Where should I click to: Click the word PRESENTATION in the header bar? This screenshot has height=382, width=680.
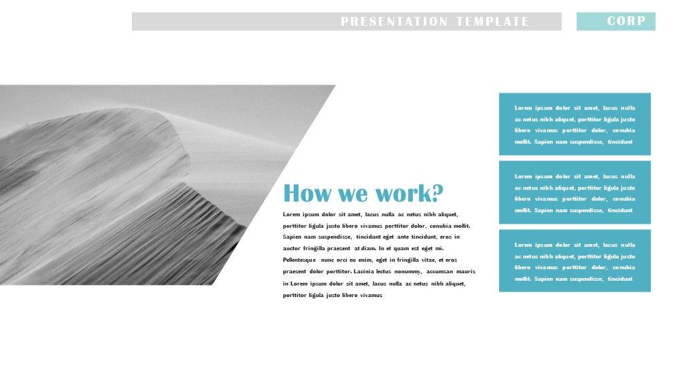(394, 21)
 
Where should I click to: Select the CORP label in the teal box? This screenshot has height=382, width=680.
(626, 21)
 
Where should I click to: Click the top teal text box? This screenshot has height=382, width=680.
(575, 124)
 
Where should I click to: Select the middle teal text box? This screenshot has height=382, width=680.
(575, 192)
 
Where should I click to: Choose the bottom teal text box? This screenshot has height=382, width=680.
(575, 260)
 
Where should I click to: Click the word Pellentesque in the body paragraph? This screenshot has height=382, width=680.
(299, 260)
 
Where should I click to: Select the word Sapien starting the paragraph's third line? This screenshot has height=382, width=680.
(292, 237)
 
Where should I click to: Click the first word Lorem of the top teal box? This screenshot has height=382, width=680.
(523, 108)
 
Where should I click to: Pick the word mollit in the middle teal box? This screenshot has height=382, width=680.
(523, 210)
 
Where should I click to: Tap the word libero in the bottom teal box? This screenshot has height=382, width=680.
(522, 268)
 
